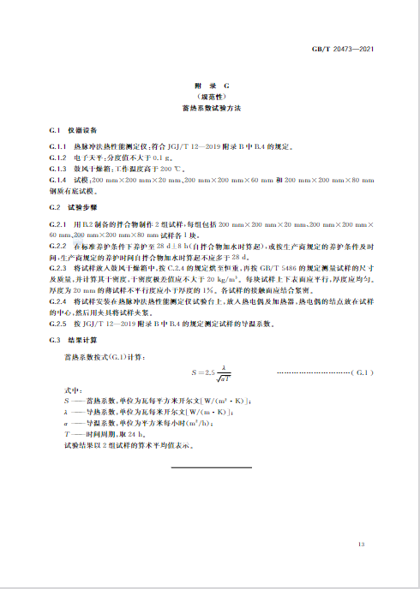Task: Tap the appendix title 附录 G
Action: click(210, 87)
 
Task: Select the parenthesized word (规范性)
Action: click(210, 98)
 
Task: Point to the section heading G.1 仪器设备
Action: click(65, 129)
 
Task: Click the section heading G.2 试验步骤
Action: click(65, 206)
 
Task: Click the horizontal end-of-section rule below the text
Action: click(210, 467)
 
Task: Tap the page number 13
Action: click(362, 544)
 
